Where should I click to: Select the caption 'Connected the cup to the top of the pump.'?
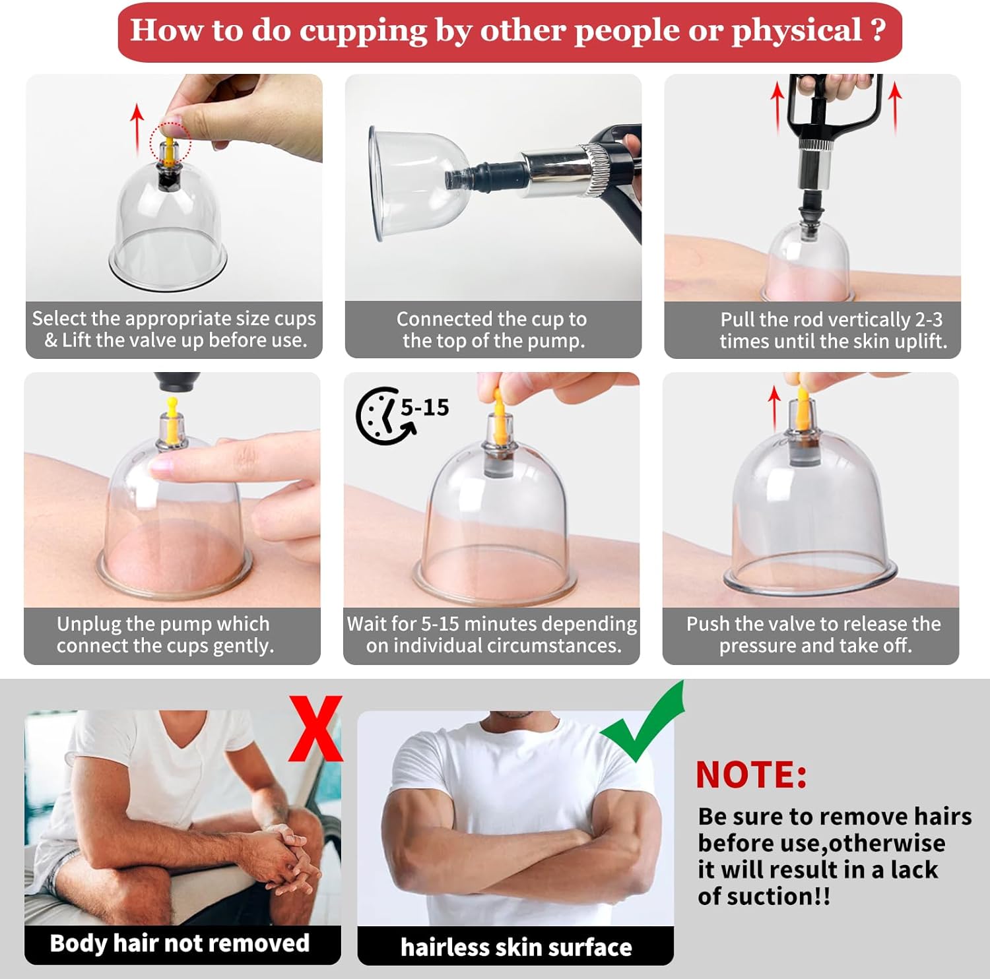pyautogui.click(x=492, y=329)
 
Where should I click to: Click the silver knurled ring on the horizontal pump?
pyautogui.click(x=596, y=170)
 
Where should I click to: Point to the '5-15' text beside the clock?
pyautogui.click(x=424, y=407)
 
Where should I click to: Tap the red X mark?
pyautogui.click(x=315, y=728)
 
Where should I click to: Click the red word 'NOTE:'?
pyautogui.click(x=751, y=774)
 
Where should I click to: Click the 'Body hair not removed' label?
pyautogui.click(x=180, y=943)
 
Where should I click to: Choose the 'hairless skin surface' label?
pyautogui.click(x=516, y=947)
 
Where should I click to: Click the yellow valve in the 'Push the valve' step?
pyautogui.click(x=803, y=405)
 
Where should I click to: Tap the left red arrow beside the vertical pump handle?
pyautogui.click(x=777, y=106)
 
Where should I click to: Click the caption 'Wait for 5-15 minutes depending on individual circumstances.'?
pyautogui.click(x=492, y=634)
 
